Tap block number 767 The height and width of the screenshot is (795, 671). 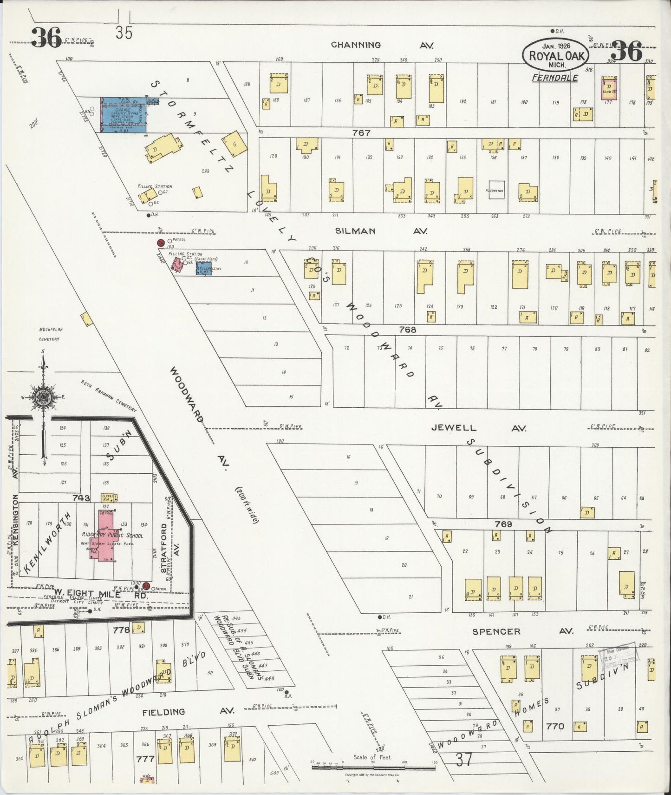(361, 133)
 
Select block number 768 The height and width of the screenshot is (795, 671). (407, 330)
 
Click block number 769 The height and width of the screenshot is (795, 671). (503, 524)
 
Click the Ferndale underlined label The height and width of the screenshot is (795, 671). (555, 78)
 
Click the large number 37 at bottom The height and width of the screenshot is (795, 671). (463, 760)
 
